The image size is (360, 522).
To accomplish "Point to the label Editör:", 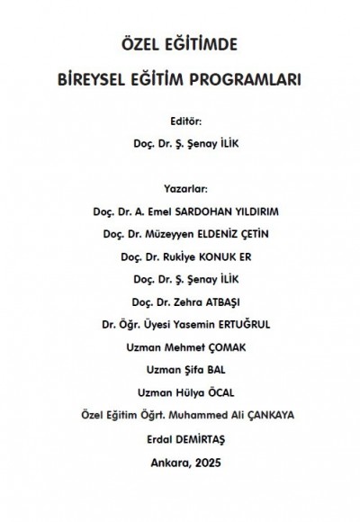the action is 180,119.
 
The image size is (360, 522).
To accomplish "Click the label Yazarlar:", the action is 180,189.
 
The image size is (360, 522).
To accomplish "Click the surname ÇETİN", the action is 254,234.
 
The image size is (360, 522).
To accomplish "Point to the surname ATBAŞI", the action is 220,301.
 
